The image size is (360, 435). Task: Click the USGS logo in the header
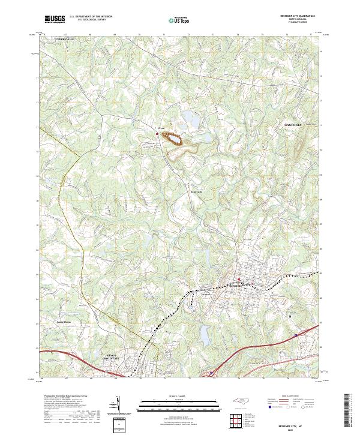tap(55, 19)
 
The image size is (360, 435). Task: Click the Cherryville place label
tap(64, 38)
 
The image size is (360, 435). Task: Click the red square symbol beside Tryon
tap(157, 134)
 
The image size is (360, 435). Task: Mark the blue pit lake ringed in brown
tap(175, 140)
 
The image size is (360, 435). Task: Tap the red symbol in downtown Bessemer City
tap(239, 280)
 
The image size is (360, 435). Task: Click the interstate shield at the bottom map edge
tap(211, 373)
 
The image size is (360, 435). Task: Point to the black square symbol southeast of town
tap(290, 316)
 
